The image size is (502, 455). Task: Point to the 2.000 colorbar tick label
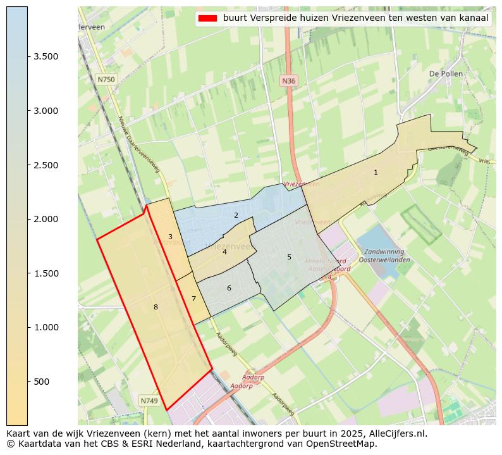(46, 219)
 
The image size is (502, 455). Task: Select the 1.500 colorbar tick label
(46, 273)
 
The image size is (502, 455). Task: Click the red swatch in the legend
(207, 18)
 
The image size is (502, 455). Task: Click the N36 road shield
(288, 81)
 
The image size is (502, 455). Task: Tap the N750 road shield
(106, 80)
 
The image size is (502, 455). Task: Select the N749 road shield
(149, 401)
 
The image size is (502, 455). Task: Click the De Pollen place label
(446, 73)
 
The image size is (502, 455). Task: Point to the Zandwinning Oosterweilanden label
(384, 256)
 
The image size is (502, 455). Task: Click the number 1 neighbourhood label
(376, 172)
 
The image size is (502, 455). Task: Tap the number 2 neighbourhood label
(236, 215)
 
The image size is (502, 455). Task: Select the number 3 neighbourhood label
(170, 237)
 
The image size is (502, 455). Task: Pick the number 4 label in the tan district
(224, 252)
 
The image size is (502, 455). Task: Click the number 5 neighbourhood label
(289, 257)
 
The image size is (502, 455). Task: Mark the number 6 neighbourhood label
(229, 288)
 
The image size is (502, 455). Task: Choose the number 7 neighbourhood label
(193, 299)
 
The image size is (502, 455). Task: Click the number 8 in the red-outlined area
(156, 307)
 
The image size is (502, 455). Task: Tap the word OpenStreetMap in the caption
(343, 444)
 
